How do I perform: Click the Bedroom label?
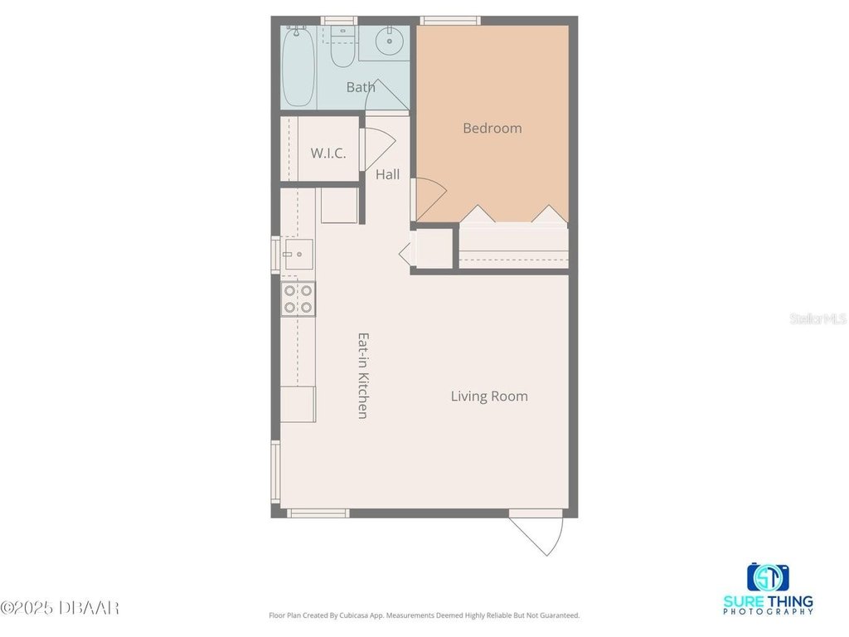(492, 129)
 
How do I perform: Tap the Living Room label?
(489, 396)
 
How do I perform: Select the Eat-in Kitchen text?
(363, 376)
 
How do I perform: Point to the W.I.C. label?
(328, 153)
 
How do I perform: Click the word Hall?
(388, 174)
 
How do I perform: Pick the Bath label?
(361, 87)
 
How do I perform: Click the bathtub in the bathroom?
(298, 66)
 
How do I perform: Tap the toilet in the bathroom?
(342, 47)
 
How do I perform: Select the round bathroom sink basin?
(390, 41)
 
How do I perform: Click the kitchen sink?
(298, 254)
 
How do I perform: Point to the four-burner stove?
(298, 299)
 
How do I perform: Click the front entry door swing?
(536, 533)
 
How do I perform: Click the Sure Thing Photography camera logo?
(768, 577)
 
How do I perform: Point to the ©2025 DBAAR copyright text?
(60, 608)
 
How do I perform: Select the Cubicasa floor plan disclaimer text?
(424, 615)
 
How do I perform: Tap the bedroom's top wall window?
(450, 21)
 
